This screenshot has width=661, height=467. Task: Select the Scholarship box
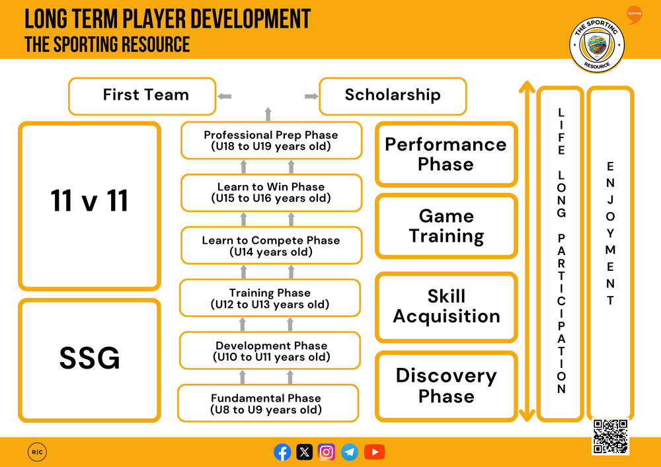[393, 96]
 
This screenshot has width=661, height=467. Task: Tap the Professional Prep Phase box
[271, 140]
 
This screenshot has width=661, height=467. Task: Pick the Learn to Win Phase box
[271, 192]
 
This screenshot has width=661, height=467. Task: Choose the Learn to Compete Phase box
[271, 246]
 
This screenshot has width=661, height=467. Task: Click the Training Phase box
[270, 298]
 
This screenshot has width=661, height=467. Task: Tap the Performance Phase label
[446, 154]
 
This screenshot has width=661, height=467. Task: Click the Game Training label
[446, 226]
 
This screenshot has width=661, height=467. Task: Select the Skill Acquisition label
[446, 306]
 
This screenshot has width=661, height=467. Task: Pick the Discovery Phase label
[446, 386]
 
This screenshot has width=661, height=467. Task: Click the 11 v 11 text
[90, 201]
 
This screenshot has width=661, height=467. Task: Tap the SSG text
[90, 359]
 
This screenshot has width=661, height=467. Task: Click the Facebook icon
[282, 452]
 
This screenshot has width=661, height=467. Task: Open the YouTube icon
[374, 452]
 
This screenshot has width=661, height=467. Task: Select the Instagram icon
[327, 452]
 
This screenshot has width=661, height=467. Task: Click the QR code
[610, 437]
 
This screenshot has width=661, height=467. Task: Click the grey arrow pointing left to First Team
[225, 96]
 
